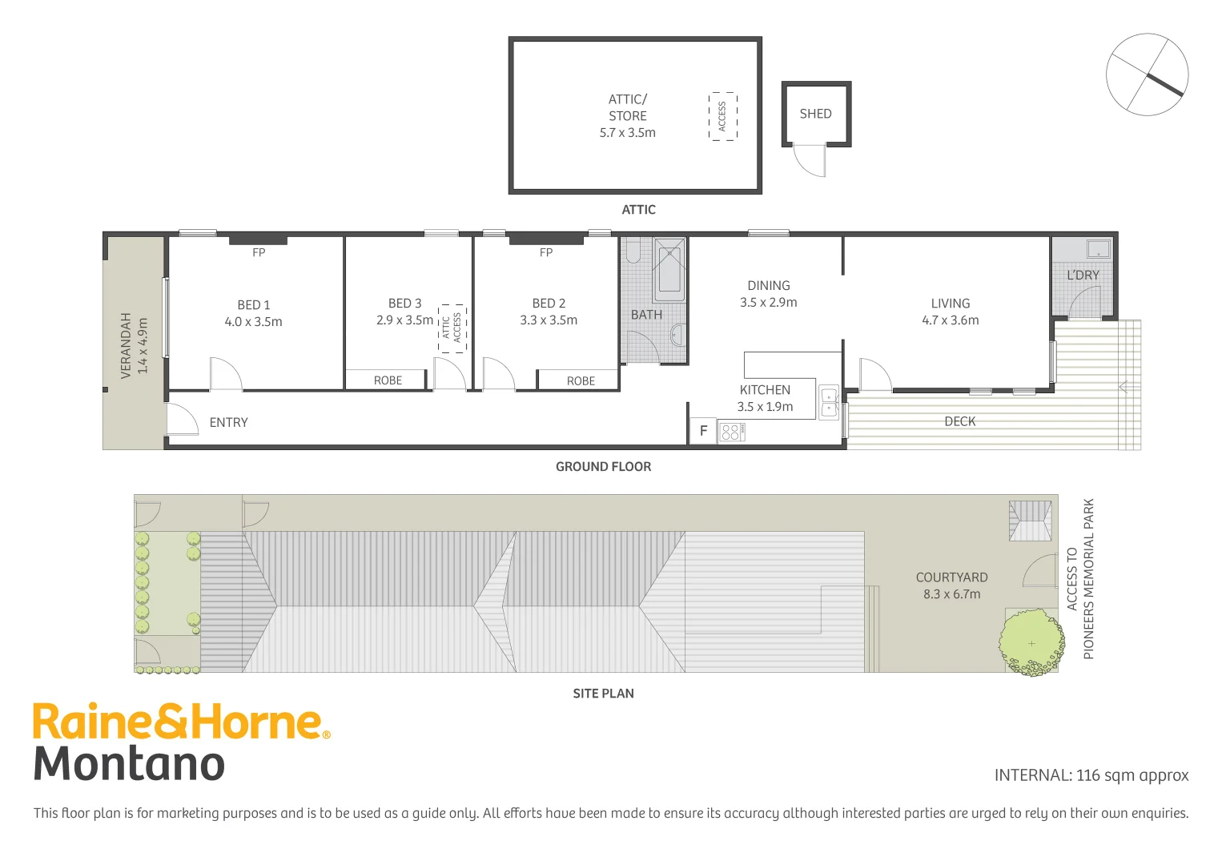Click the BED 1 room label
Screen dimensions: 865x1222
point(253,305)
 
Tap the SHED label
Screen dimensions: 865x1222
point(815,114)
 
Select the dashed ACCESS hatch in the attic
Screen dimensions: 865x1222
point(722,116)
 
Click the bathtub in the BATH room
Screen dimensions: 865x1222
point(669,268)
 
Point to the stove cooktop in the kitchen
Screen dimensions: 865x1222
point(731,432)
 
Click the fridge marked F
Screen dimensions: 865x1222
point(703,431)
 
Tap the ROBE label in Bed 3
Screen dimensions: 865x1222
point(388,380)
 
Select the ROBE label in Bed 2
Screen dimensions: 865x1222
point(581,381)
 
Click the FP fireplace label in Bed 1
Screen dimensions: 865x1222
point(259,253)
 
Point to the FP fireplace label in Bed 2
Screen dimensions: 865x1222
point(546,253)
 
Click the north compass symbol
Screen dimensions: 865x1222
point(1147,74)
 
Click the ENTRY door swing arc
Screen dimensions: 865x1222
point(182,418)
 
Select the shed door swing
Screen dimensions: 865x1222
point(810,162)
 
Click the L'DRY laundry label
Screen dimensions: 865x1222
point(1083,276)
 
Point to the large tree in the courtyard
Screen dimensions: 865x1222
point(1031,642)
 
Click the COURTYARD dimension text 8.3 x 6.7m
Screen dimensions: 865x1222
point(951,594)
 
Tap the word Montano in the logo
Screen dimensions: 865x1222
point(129,763)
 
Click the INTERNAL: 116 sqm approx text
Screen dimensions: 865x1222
point(1091,775)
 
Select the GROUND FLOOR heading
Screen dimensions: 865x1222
point(603,467)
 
